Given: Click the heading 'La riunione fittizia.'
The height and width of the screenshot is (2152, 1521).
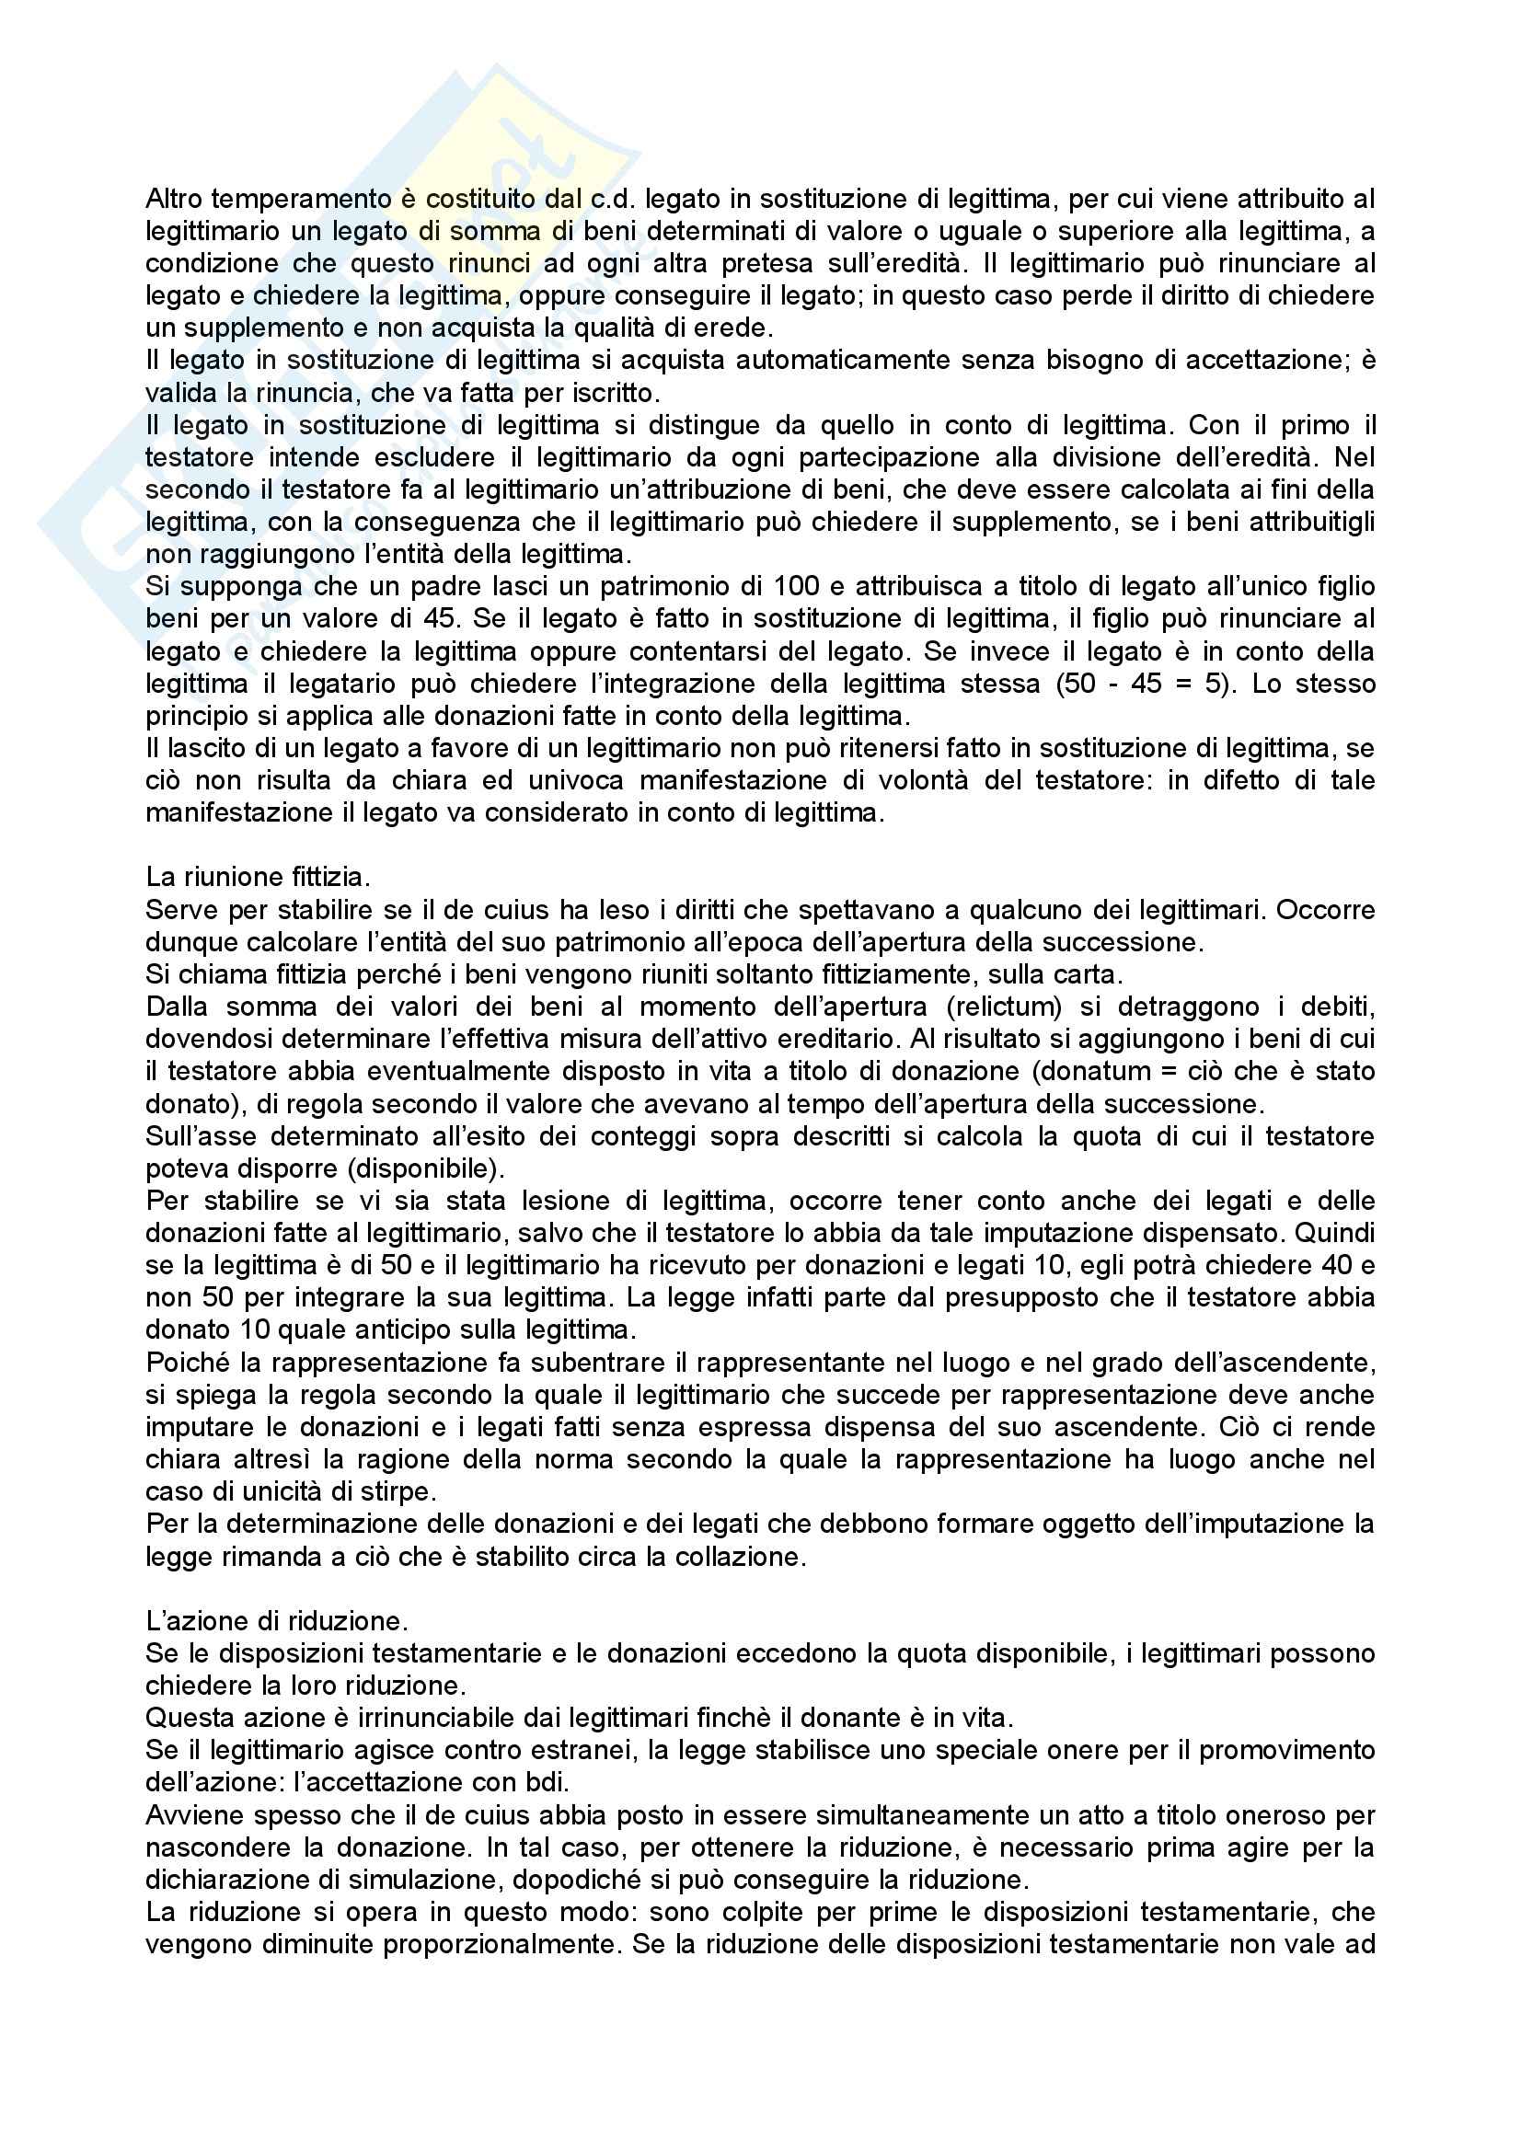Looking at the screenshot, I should [x=258, y=878].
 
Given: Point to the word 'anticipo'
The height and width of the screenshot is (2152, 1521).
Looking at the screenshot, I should [x=463, y=1330].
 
